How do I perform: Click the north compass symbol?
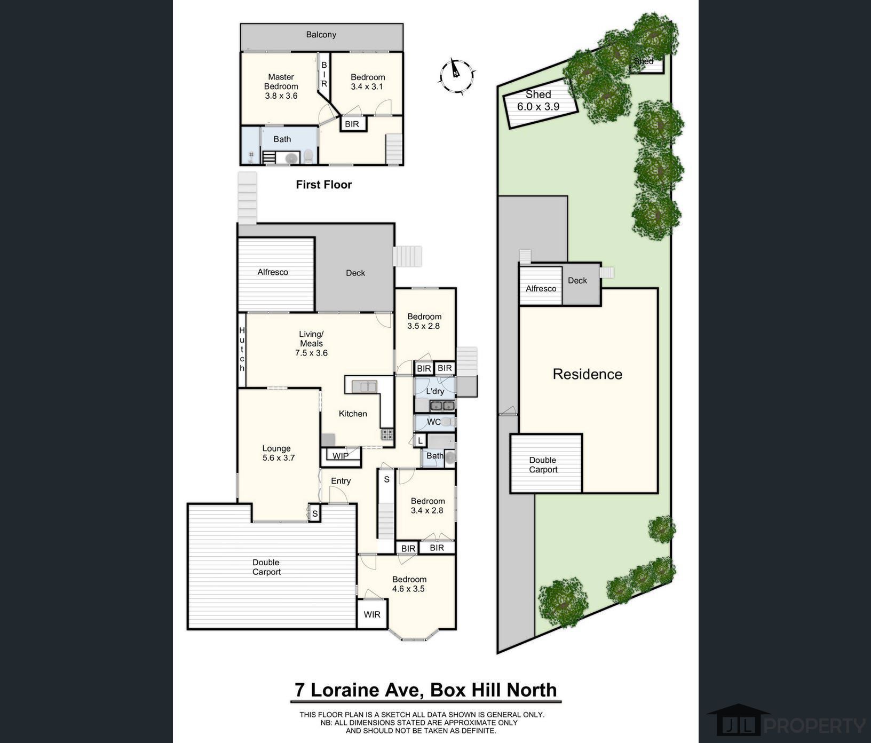(x=456, y=76)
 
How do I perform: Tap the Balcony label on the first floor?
(x=321, y=35)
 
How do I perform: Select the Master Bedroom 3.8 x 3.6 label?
(x=281, y=86)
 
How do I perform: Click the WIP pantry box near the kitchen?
(x=341, y=455)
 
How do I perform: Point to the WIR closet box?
(x=372, y=614)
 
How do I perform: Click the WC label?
(x=433, y=422)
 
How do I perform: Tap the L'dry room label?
(x=435, y=391)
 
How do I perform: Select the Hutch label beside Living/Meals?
(x=242, y=350)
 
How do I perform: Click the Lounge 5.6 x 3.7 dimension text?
(x=279, y=458)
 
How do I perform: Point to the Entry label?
(x=341, y=481)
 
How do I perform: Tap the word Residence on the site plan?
(x=587, y=374)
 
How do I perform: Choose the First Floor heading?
(x=324, y=185)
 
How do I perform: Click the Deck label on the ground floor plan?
(x=355, y=273)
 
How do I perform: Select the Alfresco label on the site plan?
(x=541, y=288)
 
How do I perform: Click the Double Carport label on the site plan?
(x=543, y=465)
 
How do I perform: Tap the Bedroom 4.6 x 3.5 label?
(x=409, y=584)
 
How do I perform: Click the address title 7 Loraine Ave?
(x=359, y=690)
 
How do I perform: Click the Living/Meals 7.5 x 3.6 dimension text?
(x=311, y=353)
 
